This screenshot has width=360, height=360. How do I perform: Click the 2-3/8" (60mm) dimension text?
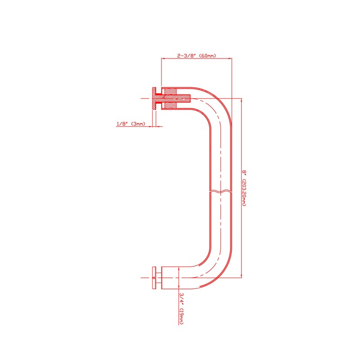coord(197,55)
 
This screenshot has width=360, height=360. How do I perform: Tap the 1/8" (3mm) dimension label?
coord(131,124)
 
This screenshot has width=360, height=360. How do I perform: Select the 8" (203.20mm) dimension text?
coord(244,188)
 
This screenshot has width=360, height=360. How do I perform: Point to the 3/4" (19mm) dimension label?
coord(181,308)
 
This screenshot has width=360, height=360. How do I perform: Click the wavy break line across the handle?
coord(220,191)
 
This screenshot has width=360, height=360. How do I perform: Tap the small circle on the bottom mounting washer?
coord(154,278)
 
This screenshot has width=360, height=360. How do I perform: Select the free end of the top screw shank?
coord(189,98)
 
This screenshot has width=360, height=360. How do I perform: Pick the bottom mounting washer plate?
coord(154,278)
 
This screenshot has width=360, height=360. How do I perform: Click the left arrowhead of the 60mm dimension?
coord(163,58)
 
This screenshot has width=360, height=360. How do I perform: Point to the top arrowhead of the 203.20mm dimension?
coord(241,100)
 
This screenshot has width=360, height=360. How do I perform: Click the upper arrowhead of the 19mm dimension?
coord(179,269)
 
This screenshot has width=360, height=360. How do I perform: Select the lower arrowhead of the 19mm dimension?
coord(179,287)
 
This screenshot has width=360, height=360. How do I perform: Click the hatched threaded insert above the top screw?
coord(171,91)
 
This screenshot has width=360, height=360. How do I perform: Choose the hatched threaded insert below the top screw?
coord(171,105)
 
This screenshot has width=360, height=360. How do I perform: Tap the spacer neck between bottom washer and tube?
coord(159,278)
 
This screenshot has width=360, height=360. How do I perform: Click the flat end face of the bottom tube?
coord(162,278)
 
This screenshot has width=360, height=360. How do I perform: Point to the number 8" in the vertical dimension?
coord(244,172)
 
